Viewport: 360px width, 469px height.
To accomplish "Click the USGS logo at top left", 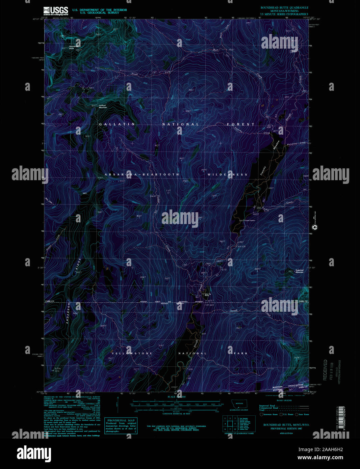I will pyautogui.click(x=56, y=11).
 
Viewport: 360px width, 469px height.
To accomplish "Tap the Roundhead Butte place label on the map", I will pyautogui.click(x=72, y=48).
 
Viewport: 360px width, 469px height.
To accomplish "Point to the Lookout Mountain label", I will pyautogui.click(x=103, y=106).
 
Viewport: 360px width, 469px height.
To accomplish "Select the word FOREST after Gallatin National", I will pyautogui.click(x=240, y=125).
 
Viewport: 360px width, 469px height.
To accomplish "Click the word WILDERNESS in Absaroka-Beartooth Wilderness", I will pyautogui.click(x=227, y=174).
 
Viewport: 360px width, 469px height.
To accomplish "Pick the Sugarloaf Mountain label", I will pyautogui.click(x=299, y=271).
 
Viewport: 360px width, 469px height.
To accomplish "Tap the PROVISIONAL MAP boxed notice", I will pyautogui.click(x=121, y=426).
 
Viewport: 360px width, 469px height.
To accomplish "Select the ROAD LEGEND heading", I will pyautogui.click(x=284, y=401).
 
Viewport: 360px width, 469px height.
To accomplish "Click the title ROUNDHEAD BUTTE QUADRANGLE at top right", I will pyautogui.click(x=284, y=7).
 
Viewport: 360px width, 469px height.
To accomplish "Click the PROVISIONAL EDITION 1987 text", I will pyautogui.click(x=286, y=429).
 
